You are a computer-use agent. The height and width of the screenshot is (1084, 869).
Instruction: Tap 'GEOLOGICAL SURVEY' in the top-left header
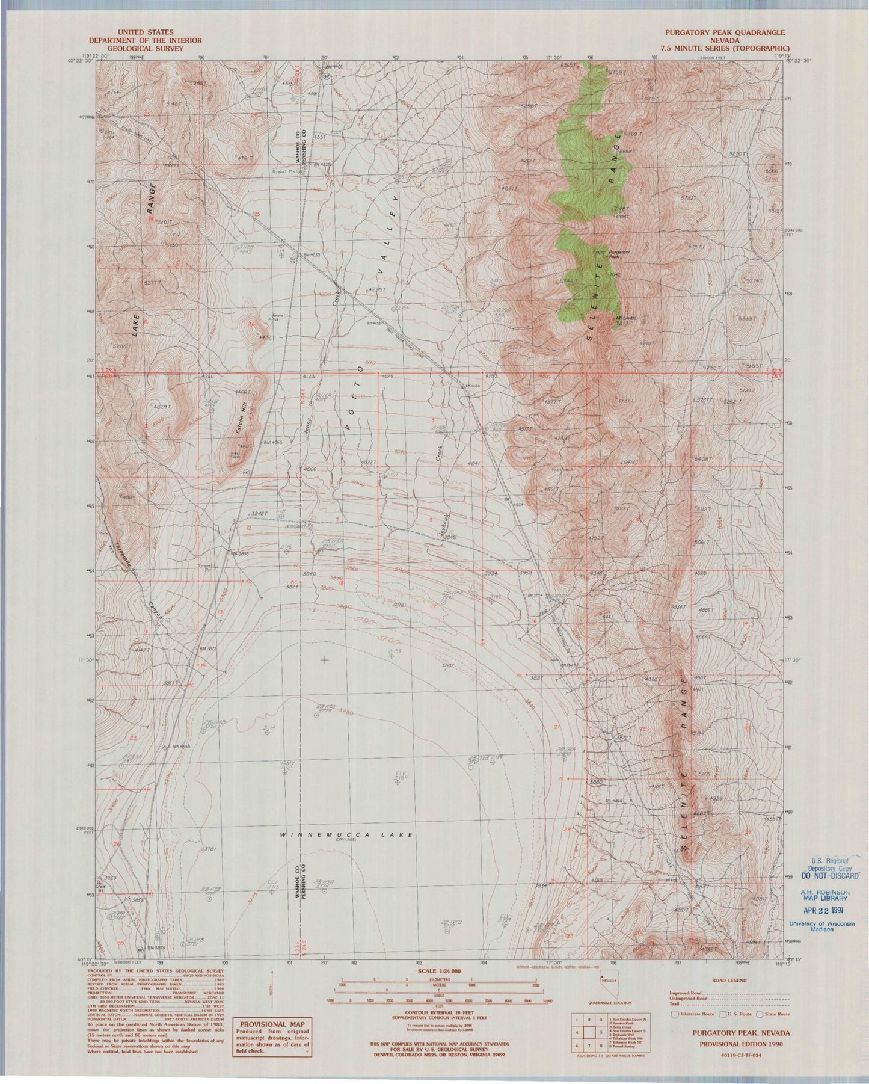[137, 48]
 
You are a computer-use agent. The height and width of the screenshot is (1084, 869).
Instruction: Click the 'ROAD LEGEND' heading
[729, 981]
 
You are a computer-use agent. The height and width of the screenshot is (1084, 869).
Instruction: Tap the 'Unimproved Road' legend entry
[689, 999]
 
